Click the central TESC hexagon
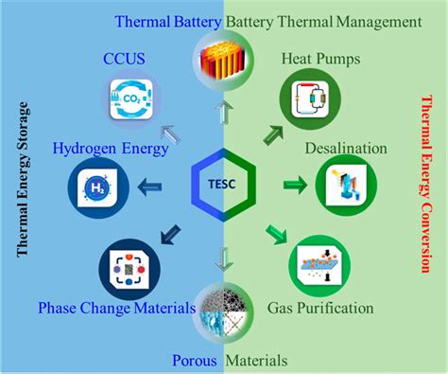(224, 181)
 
